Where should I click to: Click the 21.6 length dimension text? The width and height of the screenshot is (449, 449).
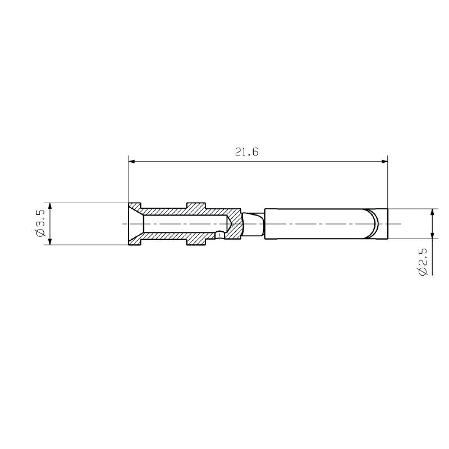pos(247,152)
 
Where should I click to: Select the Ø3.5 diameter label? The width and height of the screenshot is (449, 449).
pos(40,224)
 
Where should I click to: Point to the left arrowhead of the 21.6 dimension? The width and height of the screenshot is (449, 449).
pos(132,162)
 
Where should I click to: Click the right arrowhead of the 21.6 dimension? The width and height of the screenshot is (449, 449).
pos(384,162)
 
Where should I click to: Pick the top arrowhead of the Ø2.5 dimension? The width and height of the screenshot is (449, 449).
pos(432,212)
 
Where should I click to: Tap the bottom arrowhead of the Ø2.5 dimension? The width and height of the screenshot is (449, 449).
pos(432,236)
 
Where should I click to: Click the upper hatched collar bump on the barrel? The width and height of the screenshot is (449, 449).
pos(196,206)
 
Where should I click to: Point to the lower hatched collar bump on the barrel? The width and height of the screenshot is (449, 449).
pos(196,241)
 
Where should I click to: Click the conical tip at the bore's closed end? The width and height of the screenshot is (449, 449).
pos(230,224)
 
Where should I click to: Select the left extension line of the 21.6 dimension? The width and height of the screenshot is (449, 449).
pos(129,180)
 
